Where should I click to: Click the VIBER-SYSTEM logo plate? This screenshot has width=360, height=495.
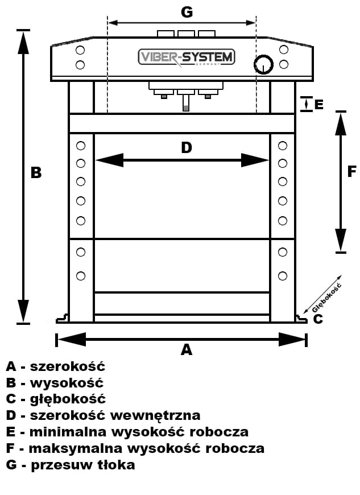pyautogui.click(x=187, y=57)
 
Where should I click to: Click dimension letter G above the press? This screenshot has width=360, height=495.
pyautogui.click(x=186, y=11)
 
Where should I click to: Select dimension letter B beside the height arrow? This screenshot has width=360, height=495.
pyautogui.click(x=36, y=172)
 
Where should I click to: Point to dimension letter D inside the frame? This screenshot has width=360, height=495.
pyautogui.click(x=187, y=148)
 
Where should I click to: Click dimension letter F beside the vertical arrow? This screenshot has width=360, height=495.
pyautogui.click(x=351, y=171)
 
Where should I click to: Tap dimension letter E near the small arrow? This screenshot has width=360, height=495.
pyautogui.click(x=318, y=105)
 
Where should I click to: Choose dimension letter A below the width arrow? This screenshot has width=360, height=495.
pyautogui.click(x=186, y=350)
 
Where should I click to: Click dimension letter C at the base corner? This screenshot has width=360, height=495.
pyautogui.click(x=318, y=319)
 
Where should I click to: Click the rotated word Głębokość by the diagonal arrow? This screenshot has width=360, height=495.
pyautogui.click(x=328, y=298)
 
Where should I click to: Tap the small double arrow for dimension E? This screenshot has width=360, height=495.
pyautogui.click(x=307, y=104)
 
